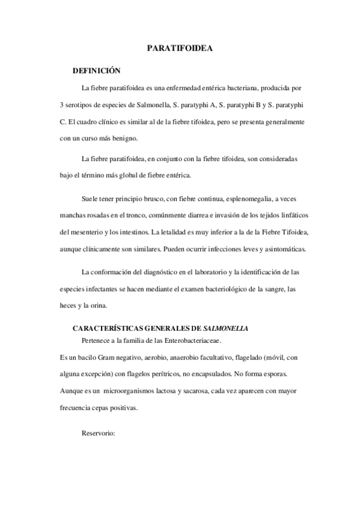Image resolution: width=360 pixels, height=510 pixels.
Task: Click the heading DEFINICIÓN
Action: coord(96,70)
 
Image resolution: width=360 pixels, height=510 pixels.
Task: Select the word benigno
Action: coord(123,138)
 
